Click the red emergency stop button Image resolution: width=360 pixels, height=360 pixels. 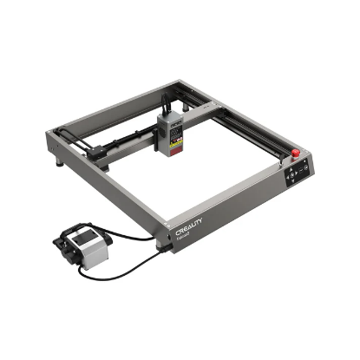[x=295, y=154]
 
